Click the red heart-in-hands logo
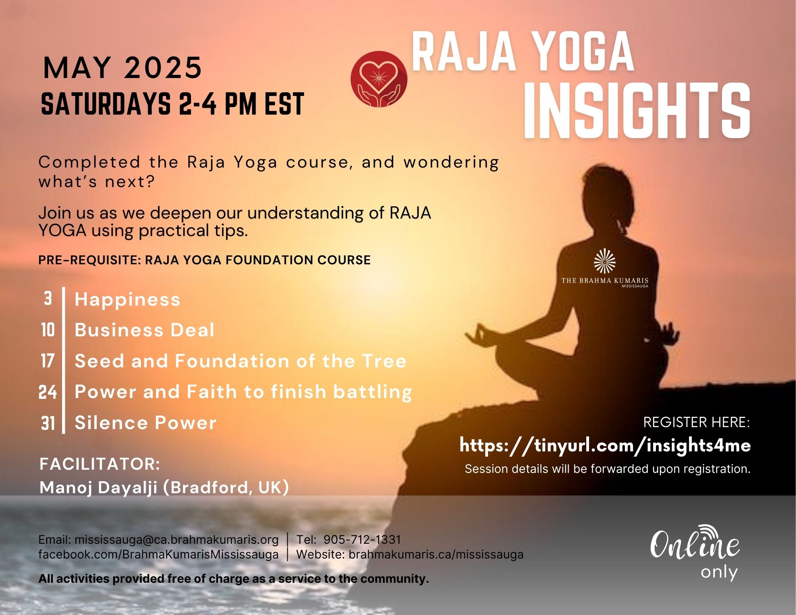[x=379, y=79]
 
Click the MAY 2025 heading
[x=123, y=67]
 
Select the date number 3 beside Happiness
[x=48, y=299]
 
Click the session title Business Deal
[x=144, y=330]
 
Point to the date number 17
[x=47, y=361]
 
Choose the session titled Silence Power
[x=145, y=422]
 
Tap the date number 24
[x=47, y=392]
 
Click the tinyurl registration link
[x=605, y=445]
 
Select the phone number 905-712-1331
[x=362, y=539]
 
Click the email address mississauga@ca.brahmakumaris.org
[x=176, y=540]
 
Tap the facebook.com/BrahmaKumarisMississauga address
[x=158, y=554]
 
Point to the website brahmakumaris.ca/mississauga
[x=436, y=554]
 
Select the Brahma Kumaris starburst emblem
[x=605, y=261]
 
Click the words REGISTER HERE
[x=696, y=422]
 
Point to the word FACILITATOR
[x=99, y=464]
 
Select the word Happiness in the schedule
[x=127, y=299]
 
